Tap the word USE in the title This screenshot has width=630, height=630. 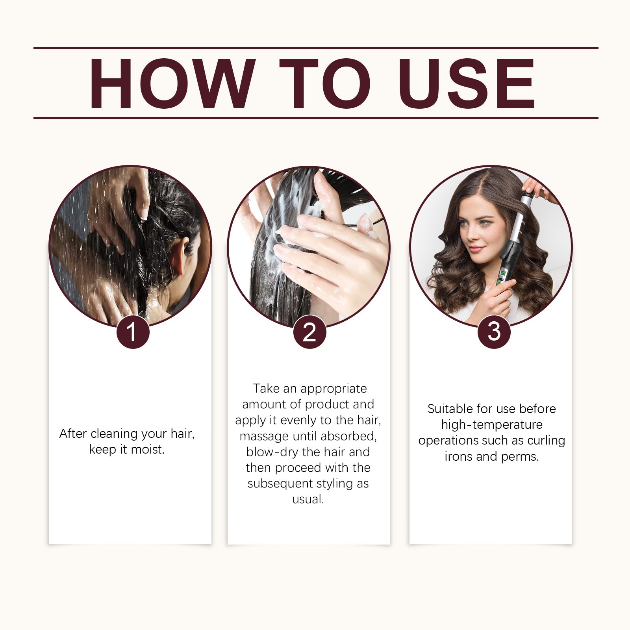(468, 83)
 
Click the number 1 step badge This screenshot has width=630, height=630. (133, 332)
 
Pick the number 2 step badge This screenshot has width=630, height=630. (309, 332)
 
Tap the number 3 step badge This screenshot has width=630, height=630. (494, 332)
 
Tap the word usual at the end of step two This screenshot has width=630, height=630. (307, 499)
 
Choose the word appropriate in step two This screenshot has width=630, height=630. (333, 389)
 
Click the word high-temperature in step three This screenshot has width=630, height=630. (491, 424)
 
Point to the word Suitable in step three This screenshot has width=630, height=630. (450, 409)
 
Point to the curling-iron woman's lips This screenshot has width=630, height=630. (476, 248)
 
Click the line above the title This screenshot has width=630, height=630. (315, 48)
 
